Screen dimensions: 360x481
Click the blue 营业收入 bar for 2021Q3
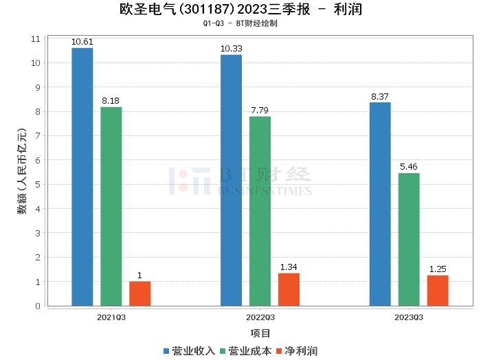coord(82,177)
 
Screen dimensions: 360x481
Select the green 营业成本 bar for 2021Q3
coord(111,206)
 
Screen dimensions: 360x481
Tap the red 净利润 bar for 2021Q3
coord(139,293)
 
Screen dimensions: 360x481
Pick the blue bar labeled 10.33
coord(231,180)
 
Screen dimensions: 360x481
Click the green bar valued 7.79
coord(260,211)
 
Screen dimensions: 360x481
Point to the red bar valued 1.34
coord(289,289)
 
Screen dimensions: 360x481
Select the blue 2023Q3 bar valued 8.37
coord(379,204)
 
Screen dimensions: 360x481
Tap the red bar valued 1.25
coord(437,291)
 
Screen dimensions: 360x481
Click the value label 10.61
coord(82,42)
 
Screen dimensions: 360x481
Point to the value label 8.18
coord(111,101)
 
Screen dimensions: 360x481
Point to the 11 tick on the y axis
coord(36,38)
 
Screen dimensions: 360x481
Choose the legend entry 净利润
coord(296,350)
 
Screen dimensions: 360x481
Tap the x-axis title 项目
coord(260,333)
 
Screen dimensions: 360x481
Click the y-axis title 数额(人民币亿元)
coord(22,172)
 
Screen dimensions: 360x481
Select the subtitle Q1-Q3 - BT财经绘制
coord(240,23)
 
